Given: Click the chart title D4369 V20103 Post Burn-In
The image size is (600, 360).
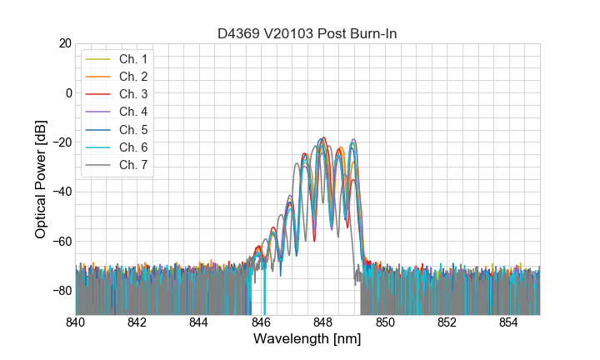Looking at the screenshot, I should pos(307,34).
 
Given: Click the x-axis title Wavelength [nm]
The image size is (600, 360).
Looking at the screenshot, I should pos(307,340).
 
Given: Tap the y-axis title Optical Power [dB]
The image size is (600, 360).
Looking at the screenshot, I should pos(41,179).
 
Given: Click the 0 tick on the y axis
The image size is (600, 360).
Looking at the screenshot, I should pos(67,92).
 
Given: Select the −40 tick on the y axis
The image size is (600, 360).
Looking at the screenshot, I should pos(61,192).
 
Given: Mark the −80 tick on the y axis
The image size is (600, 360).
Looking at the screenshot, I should pos(61,291).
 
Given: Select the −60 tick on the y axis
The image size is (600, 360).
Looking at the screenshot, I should pos(61,242).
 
